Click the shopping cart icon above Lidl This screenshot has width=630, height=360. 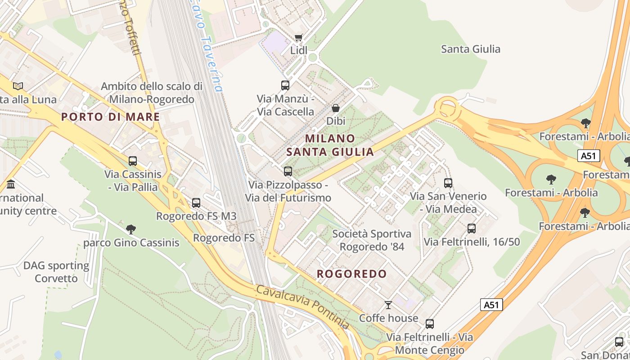298,37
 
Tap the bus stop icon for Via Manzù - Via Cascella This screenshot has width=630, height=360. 285,85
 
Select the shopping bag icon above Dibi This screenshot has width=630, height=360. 336,108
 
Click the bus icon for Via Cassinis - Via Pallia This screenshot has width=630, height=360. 133,161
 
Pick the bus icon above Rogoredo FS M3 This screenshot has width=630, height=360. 196,203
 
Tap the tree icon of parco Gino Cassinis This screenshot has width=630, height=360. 131,229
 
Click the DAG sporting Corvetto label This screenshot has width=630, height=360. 56,272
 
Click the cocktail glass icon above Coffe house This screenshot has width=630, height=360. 388,305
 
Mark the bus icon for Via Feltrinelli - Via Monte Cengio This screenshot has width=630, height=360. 430,324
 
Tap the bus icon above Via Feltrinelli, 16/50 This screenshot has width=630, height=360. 472,229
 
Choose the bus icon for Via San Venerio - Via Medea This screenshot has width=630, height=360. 448,183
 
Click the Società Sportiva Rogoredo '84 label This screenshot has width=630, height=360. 372,240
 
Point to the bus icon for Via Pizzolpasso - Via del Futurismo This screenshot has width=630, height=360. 288,171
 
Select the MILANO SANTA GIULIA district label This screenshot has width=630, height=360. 330,145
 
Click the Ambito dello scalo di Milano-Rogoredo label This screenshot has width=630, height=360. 151,93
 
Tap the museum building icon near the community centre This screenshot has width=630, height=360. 11,184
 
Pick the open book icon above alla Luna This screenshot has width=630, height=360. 18,86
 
